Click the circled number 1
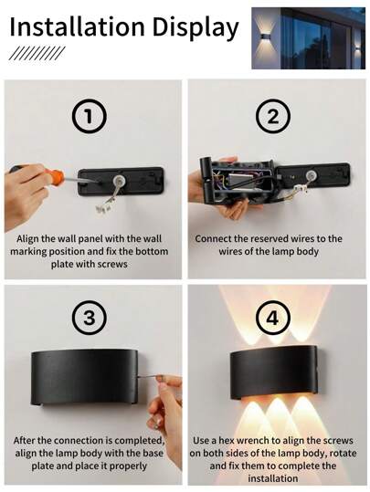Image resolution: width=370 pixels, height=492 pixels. coord(90,117)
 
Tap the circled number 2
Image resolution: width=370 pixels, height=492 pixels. coord(272,117)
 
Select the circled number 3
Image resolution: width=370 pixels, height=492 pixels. coord(90,318)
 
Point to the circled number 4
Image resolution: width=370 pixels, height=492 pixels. coord(272,318)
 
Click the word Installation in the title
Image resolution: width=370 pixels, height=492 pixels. coord(78,26)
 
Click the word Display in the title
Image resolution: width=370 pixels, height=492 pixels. coord(196,28)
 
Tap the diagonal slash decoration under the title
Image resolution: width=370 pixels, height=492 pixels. coord(37,53)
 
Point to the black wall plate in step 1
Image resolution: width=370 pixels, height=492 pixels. coord(121,182)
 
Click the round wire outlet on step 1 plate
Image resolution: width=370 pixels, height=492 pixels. coord(120,181)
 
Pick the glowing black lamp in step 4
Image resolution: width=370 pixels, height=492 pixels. coord(273,371)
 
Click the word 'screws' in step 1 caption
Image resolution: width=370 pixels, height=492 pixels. coord(112,264)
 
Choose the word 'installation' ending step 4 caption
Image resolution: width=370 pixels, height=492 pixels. coord(272,478)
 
